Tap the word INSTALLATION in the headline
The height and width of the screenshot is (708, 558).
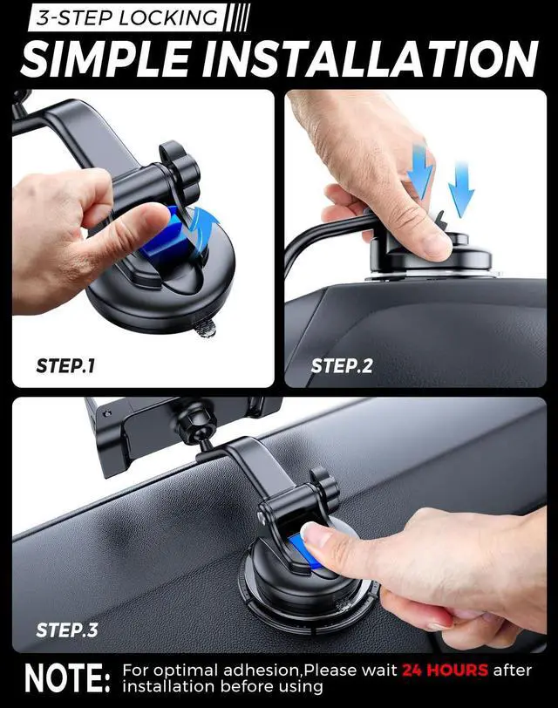point(371,59)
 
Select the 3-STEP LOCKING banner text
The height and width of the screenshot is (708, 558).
point(127,18)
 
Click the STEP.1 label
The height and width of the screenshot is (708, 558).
point(66,365)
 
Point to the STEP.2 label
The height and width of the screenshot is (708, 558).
point(342,365)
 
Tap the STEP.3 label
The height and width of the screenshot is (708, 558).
point(67,630)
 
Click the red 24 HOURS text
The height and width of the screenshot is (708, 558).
point(446,670)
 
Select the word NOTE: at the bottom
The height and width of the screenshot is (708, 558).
point(68,677)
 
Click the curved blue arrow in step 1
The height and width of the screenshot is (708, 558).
point(207,233)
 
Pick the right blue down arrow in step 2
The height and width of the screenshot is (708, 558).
point(461,190)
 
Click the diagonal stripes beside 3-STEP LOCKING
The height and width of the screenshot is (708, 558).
point(237,18)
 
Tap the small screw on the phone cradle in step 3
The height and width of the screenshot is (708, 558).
point(106,413)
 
